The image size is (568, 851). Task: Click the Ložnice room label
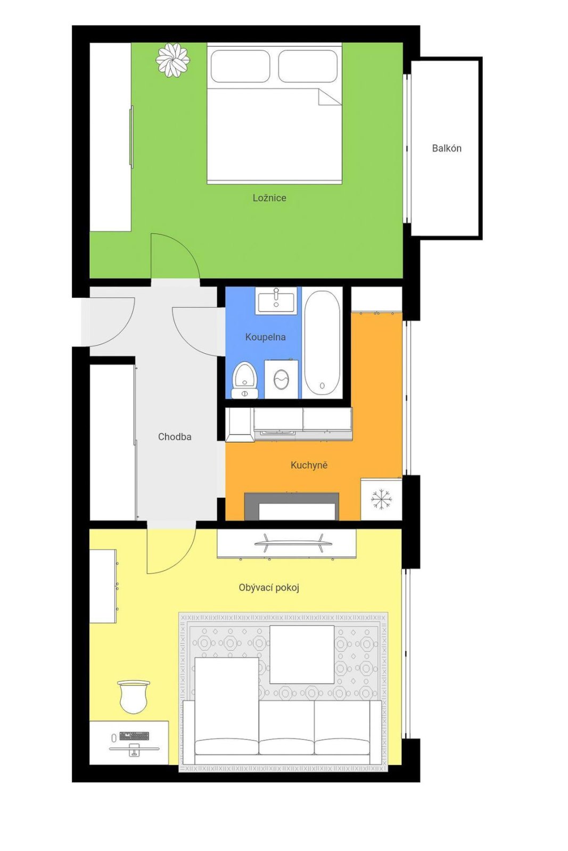[x=269, y=198]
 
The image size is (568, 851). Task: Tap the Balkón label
[x=446, y=148]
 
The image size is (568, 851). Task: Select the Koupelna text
[x=266, y=337]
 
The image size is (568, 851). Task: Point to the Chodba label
[x=175, y=437]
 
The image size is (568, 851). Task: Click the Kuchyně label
[x=309, y=465]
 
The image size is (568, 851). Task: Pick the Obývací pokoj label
[x=269, y=588]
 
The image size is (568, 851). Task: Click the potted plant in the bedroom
[x=172, y=60]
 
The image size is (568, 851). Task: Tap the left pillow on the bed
[x=240, y=66]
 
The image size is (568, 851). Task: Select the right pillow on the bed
[x=308, y=66]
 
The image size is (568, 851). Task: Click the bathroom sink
[x=276, y=300]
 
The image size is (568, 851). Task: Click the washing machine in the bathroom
[x=281, y=379]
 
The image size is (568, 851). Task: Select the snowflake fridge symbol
[x=381, y=499]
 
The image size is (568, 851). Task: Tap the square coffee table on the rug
[x=302, y=655]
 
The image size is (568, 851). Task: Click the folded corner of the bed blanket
[x=328, y=96]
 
